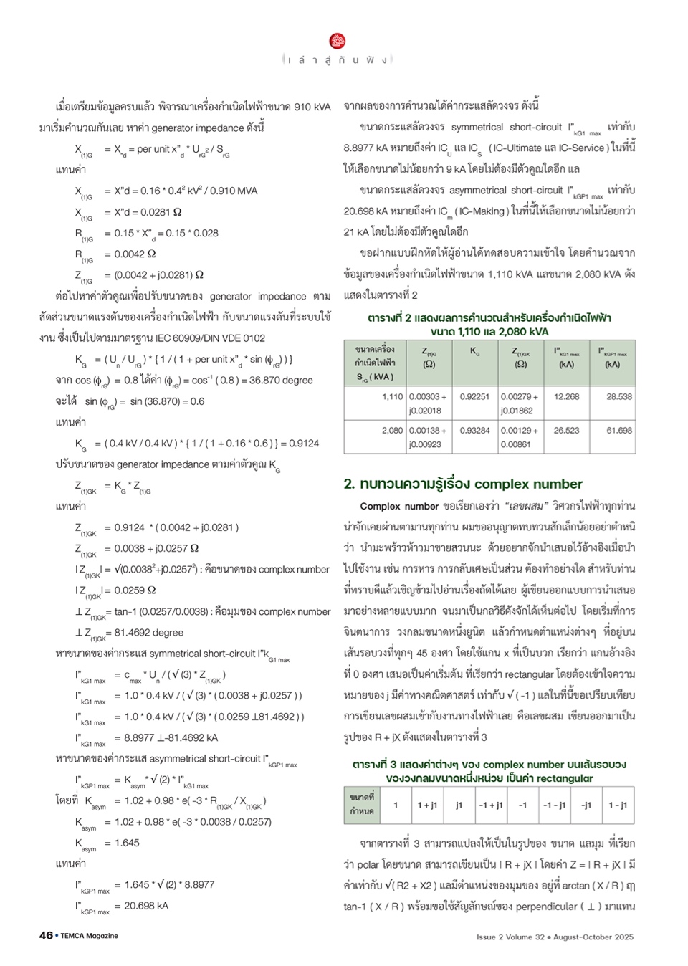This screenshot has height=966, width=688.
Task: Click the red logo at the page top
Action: click(338, 41)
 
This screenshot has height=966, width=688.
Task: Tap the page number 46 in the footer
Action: click(46, 935)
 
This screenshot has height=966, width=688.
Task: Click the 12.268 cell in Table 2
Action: click(566, 396)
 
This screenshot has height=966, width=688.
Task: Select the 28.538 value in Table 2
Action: click(619, 396)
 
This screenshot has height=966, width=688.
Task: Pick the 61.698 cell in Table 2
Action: click(619, 430)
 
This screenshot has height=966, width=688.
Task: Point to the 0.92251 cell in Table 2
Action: click(474, 396)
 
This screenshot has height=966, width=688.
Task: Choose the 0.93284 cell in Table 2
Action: click(474, 430)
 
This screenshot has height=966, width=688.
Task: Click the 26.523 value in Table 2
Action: click(566, 430)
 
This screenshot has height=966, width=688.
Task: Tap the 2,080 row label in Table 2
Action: click(392, 430)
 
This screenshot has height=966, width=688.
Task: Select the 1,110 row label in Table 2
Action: click(392, 396)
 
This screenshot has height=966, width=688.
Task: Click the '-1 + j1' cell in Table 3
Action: click(491, 805)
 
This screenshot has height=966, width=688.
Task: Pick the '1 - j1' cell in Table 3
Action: click(618, 805)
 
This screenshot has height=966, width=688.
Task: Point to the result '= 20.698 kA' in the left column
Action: click(141, 906)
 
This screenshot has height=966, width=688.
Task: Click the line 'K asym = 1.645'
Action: click(107, 843)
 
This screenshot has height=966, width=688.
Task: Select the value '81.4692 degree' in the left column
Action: click(148, 633)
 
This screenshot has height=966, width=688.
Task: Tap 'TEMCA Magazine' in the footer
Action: click(89, 936)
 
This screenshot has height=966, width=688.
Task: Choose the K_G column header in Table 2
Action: click(474, 352)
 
